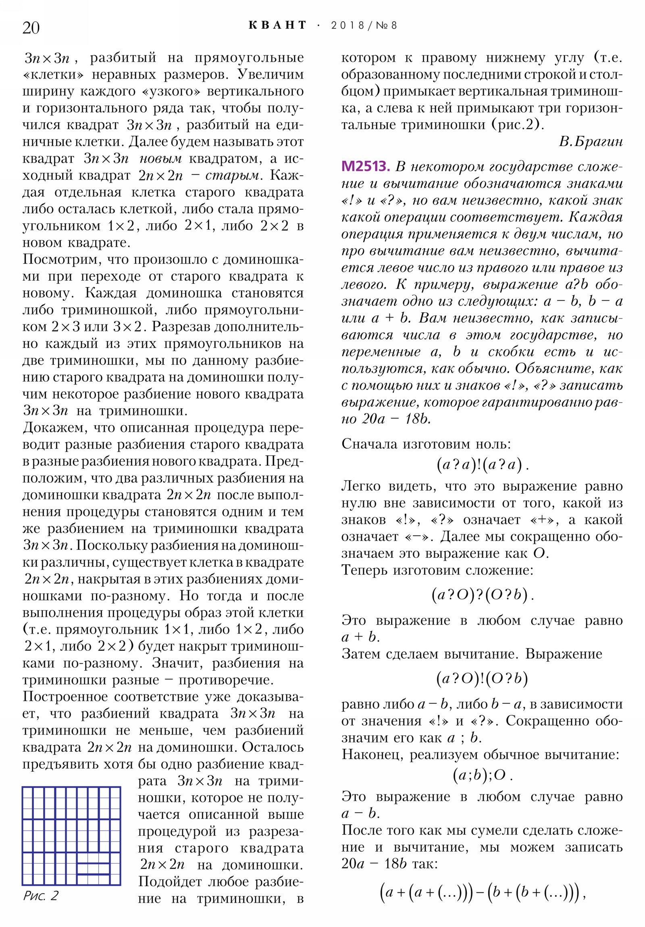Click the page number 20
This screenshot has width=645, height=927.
click(x=31, y=27)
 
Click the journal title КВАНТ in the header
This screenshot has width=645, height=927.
click(x=277, y=25)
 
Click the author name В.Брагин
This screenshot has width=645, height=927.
click(x=591, y=142)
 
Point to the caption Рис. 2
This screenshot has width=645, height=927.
click(x=40, y=896)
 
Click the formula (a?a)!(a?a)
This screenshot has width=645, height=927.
click(x=482, y=465)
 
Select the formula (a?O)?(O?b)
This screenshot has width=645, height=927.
click(x=482, y=595)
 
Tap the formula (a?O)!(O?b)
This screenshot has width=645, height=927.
click(x=482, y=679)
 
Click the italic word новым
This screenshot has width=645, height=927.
click(x=160, y=159)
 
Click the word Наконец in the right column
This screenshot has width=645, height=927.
click(x=371, y=754)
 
